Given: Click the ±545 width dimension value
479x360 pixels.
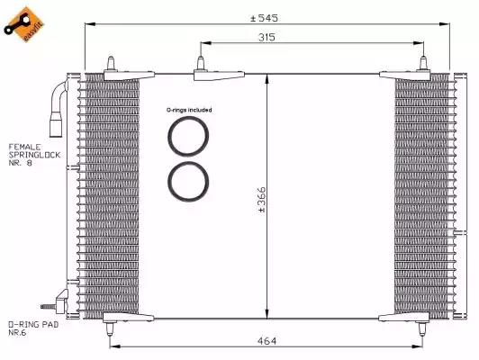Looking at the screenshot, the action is [x=264, y=18].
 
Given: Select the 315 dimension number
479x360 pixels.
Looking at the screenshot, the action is [x=267, y=37].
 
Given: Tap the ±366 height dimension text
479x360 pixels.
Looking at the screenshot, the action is [x=262, y=200].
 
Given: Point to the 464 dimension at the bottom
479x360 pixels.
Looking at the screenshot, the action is [x=267, y=340].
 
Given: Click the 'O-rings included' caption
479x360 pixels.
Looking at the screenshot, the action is [x=189, y=110].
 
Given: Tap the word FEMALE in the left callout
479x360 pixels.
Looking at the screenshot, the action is [x=24, y=147].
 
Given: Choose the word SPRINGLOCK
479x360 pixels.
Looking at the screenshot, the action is [x=34, y=155].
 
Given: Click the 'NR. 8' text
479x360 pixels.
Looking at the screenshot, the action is [x=20, y=163].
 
